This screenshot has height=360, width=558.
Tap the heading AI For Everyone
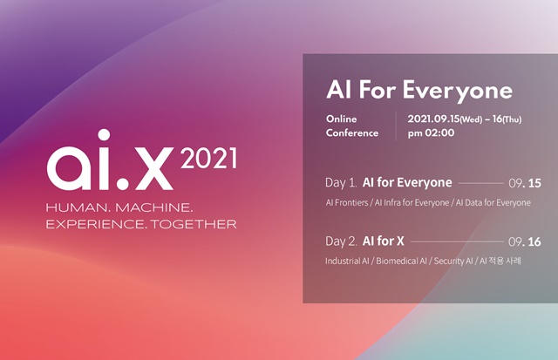[418, 91]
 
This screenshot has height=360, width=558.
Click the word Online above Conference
[341, 118]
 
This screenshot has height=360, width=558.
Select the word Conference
[352, 133]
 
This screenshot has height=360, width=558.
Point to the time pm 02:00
[428, 133]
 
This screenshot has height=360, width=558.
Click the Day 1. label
[346, 183]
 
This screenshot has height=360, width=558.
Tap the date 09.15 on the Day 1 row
[525, 184]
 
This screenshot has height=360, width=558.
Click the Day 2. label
[346, 240]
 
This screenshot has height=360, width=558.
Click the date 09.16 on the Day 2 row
[525, 241]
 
